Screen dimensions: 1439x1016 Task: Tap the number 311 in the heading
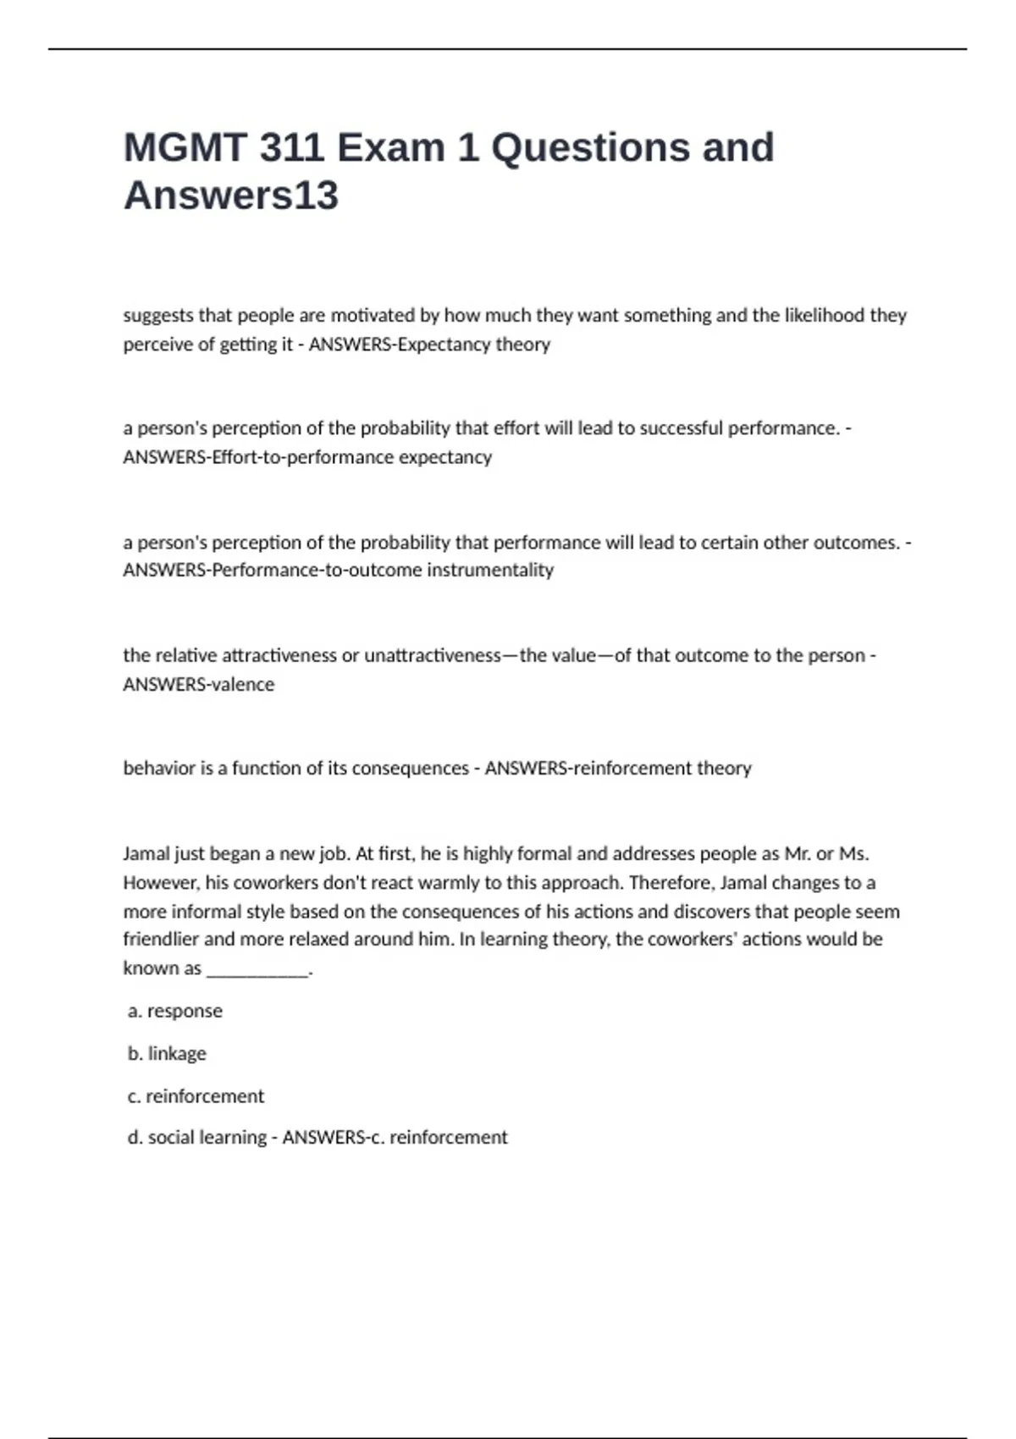pyautogui.click(x=291, y=147)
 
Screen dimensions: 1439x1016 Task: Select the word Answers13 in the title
pyautogui.click(x=230, y=196)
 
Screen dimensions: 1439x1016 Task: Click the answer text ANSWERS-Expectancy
pyautogui.click(x=384, y=345)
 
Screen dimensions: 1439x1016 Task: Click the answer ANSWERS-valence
pyautogui.click(x=199, y=684)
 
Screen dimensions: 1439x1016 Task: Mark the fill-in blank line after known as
pyautogui.click(x=258, y=971)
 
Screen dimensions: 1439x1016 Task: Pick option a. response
pyautogui.click(x=175, y=1011)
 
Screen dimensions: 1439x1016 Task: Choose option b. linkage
pyautogui.click(x=168, y=1053)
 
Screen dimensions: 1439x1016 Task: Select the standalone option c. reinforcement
pyautogui.click(x=196, y=1096)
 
